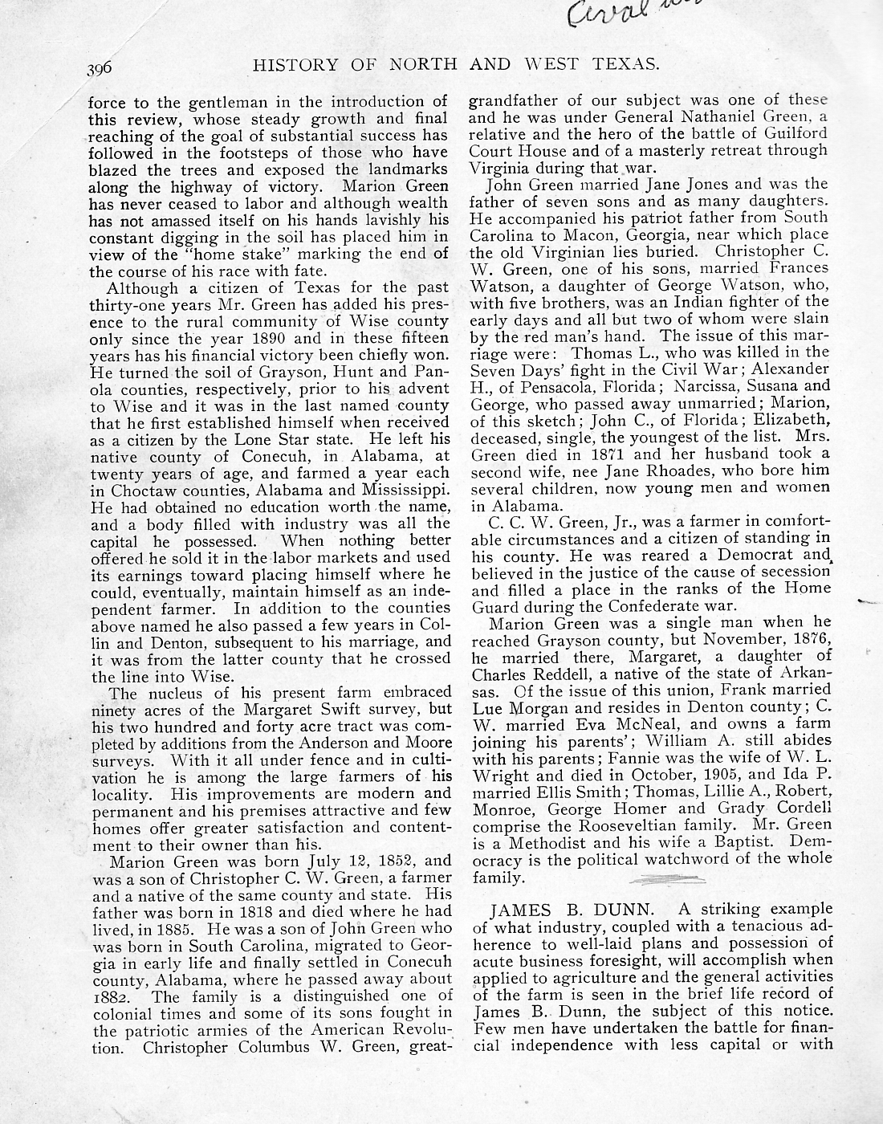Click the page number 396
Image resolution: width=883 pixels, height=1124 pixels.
[x=104, y=68]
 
